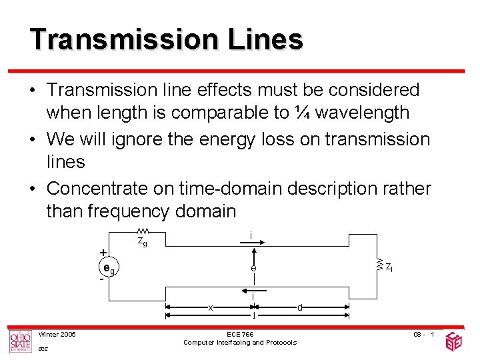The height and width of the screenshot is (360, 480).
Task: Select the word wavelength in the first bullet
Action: (362, 113)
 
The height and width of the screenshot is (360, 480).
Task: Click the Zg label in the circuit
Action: (142, 242)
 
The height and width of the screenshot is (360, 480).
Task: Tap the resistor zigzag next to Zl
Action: (379, 266)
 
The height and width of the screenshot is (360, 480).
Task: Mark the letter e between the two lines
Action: (254, 268)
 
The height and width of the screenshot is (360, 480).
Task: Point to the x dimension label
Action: (210, 307)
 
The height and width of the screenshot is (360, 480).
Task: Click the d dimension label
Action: (300, 307)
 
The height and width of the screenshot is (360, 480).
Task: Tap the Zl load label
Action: (389, 267)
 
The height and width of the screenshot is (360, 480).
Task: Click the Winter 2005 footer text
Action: (57, 334)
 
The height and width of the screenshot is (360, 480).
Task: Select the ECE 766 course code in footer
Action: (240, 334)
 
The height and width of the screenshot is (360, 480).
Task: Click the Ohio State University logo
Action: (20, 341)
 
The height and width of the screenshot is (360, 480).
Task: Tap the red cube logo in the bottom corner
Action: (454, 341)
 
